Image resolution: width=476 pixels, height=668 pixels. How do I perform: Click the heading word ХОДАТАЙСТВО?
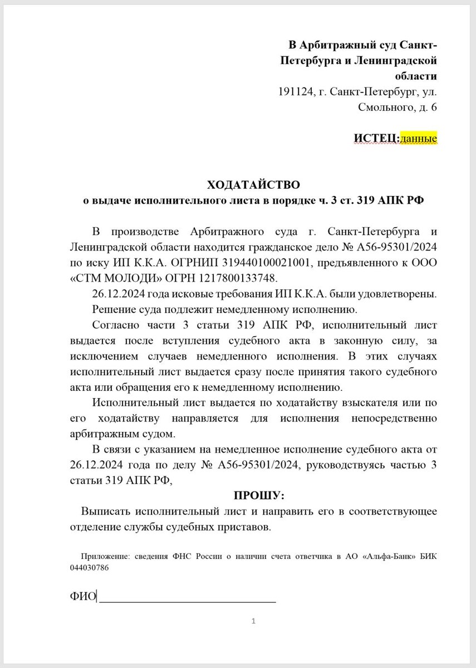pyautogui.click(x=253, y=184)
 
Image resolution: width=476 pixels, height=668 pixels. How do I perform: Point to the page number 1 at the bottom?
pyautogui.click(x=253, y=621)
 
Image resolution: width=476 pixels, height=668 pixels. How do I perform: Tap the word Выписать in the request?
pyautogui.click(x=103, y=511)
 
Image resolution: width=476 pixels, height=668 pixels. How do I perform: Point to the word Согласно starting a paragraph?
pyautogui.click(x=116, y=325)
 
